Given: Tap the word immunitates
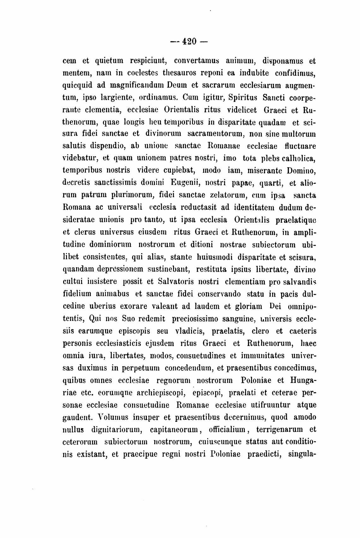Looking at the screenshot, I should (x=262, y=356).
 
